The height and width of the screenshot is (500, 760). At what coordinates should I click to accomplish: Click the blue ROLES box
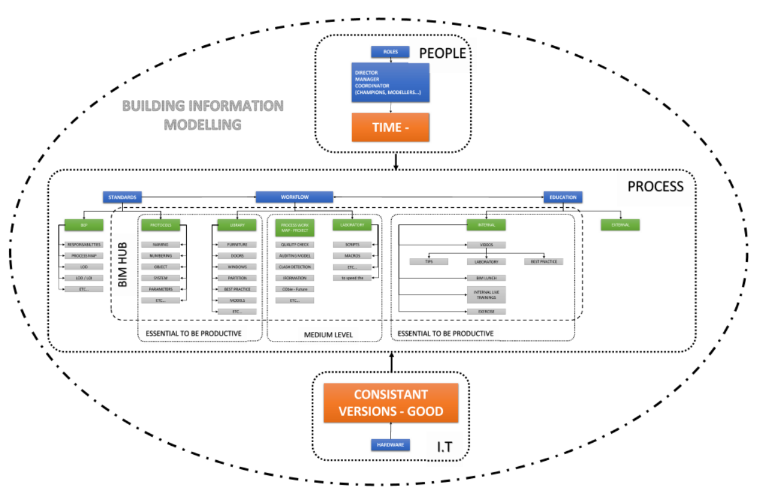[389, 52]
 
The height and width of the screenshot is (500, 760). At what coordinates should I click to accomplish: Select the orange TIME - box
[391, 127]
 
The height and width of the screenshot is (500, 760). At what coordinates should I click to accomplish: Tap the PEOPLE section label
[442, 53]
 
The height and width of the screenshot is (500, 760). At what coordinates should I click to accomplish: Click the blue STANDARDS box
[122, 197]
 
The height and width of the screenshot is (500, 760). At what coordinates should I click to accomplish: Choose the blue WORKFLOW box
[294, 197]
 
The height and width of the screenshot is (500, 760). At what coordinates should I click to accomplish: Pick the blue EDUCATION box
[563, 197]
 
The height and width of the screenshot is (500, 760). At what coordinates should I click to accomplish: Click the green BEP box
[84, 225]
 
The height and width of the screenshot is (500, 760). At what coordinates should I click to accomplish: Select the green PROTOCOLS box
[160, 225]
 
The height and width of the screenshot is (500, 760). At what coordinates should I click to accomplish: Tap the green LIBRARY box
[237, 225]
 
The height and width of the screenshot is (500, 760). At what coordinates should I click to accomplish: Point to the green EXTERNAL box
[620, 225]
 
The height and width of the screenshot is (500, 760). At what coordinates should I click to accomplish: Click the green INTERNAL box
[486, 225]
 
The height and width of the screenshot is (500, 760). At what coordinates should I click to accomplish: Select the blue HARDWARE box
[390, 445]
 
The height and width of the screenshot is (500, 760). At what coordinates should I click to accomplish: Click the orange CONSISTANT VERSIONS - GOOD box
[391, 403]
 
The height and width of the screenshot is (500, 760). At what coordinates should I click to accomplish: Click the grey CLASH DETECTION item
[295, 267]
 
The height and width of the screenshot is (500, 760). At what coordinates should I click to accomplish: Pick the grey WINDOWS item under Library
[237, 267]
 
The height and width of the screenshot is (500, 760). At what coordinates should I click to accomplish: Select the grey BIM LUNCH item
[486, 278]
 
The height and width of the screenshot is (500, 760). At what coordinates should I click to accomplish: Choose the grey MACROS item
[352, 256]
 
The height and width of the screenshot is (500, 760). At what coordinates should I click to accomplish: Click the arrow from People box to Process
[395, 161]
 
